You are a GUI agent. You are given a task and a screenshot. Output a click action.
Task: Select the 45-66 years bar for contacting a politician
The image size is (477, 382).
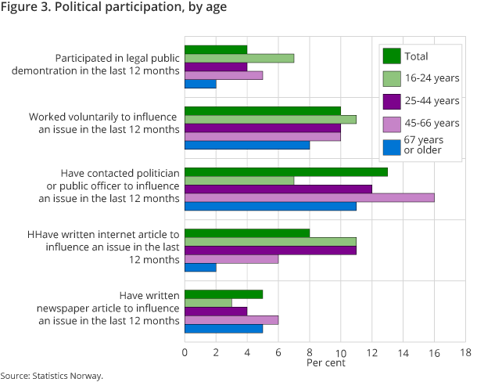coord(309,197)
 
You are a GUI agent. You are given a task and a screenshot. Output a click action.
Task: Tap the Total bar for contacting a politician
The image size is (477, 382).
coord(285,171)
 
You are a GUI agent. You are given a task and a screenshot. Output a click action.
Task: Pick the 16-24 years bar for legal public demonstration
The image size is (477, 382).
coord(238,58)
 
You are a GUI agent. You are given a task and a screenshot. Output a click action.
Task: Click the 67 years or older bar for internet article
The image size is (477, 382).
coord(200,267)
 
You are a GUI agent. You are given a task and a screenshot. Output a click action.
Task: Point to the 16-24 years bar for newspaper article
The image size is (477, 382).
coord(208,302)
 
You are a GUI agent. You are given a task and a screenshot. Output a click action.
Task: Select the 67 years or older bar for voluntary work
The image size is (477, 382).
coord(246,145)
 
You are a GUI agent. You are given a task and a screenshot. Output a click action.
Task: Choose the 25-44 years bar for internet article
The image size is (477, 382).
coord(270,250)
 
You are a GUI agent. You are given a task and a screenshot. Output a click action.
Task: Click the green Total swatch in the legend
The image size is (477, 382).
coord(392,56)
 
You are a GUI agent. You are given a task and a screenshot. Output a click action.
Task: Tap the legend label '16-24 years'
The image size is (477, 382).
coord(432,78)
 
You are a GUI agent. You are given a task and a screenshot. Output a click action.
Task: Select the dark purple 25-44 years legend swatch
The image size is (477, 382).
coord(392,100)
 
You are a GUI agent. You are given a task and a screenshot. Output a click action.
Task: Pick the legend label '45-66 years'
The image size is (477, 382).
coord(432,123)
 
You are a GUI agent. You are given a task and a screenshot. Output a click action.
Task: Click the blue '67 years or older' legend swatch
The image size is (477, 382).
coord(392,146)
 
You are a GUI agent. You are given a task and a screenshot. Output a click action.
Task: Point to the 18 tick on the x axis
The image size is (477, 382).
coord(465,352)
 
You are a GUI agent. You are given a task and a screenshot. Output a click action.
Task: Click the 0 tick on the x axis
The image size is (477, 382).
coord(185,352)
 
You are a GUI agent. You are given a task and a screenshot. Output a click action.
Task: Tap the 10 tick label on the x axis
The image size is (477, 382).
coord(340,352)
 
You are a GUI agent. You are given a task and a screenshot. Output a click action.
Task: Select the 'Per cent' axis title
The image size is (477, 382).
coord(325,363)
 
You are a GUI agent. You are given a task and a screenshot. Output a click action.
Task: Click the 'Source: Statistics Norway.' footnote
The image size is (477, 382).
coord(52,376)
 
